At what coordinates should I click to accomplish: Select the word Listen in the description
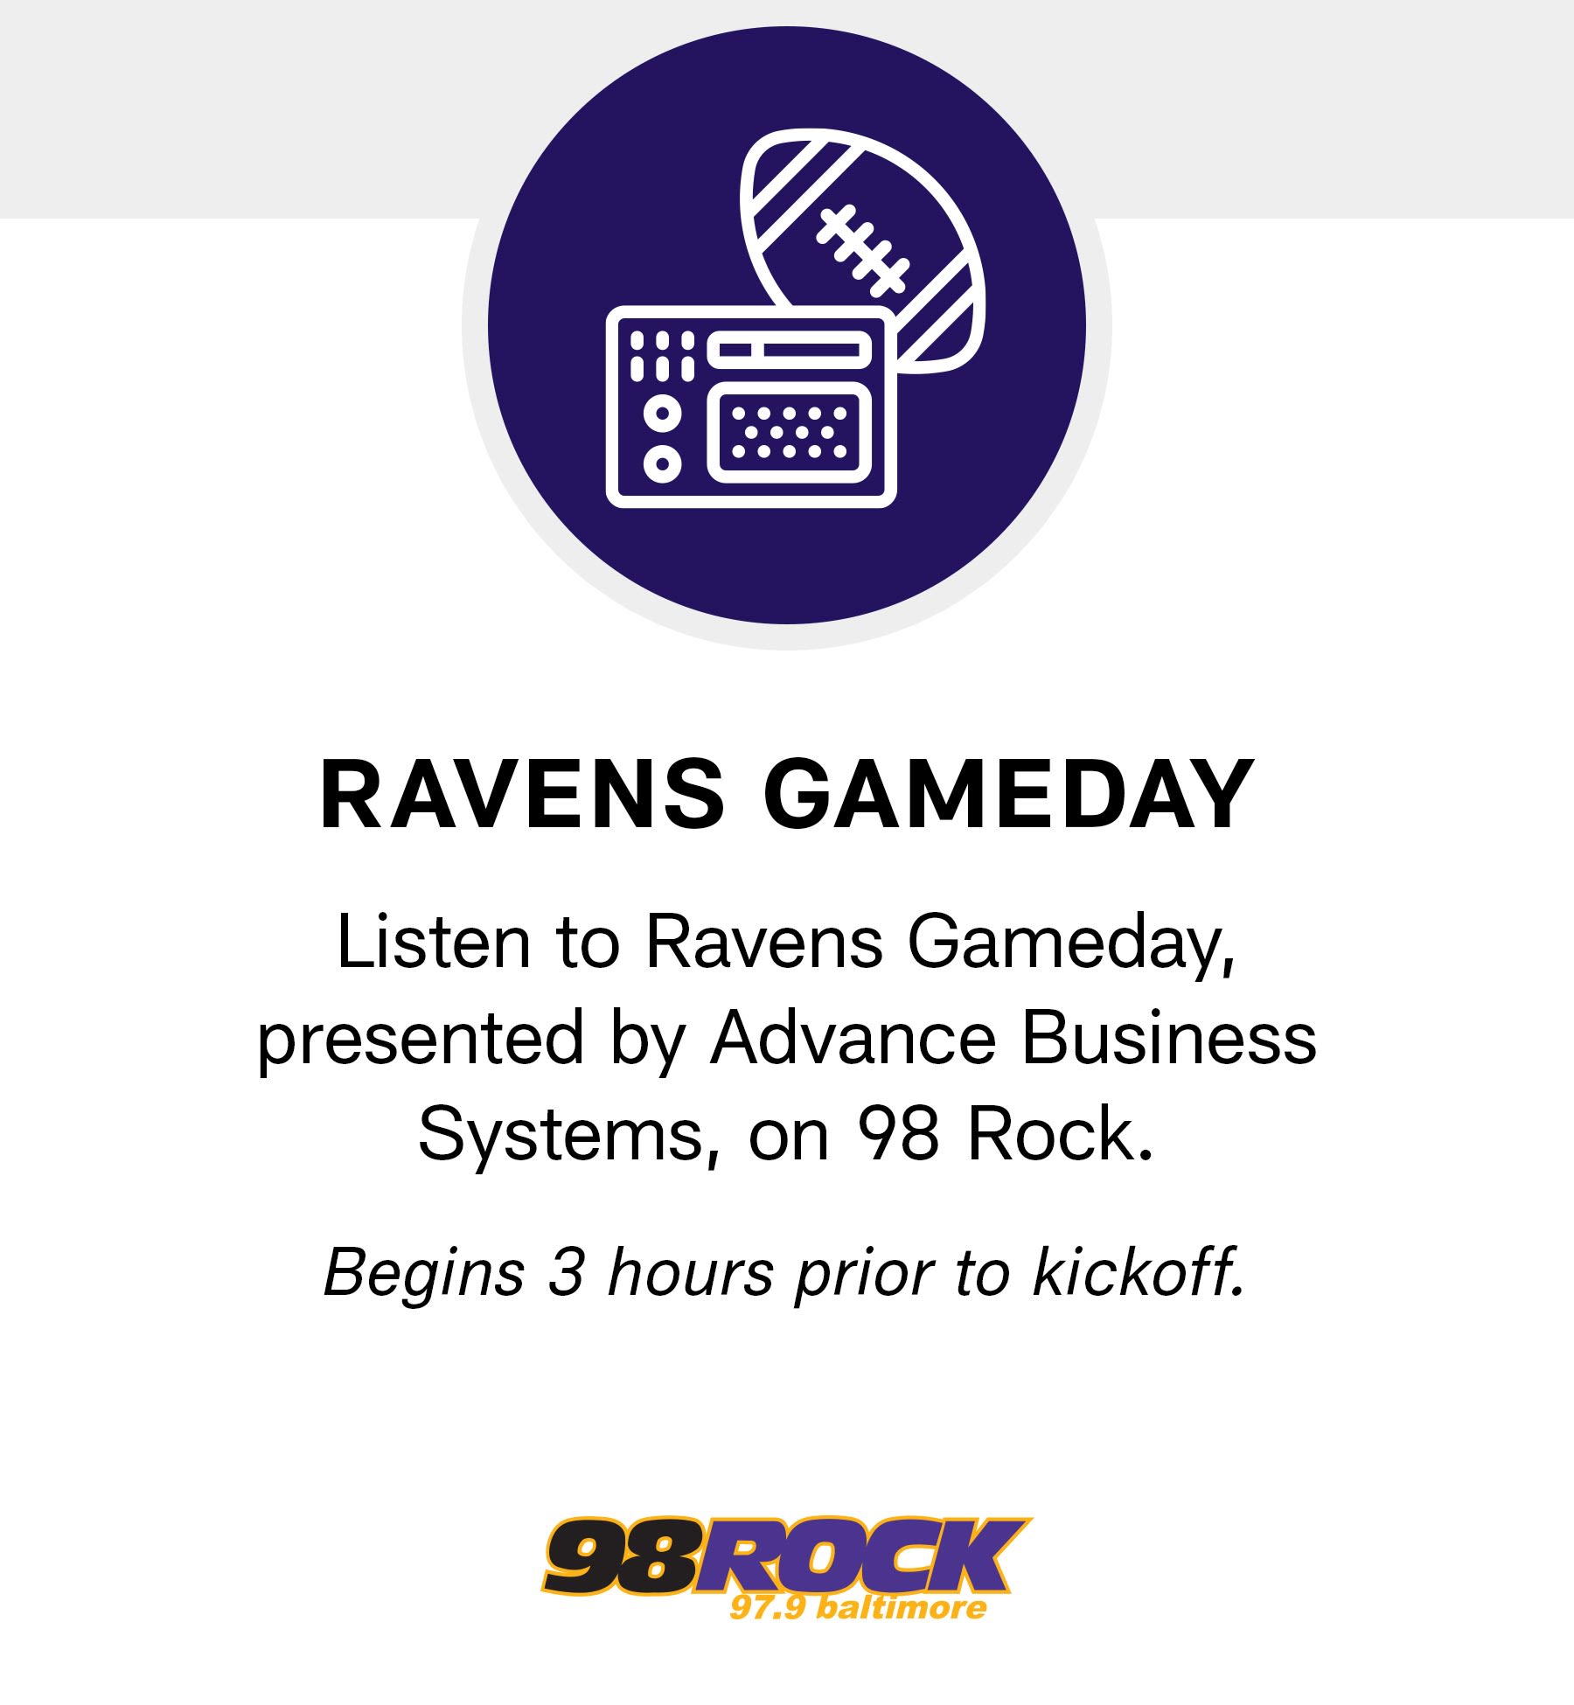pyautogui.click(x=434, y=943)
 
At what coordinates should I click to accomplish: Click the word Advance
pyautogui.click(x=853, y=1038)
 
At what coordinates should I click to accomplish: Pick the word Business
pyautogui.click(x=1169, y=1038)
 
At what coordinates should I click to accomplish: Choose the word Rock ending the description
pyautogui.click(x=1059, y=1134)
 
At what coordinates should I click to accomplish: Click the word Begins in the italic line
pyautogui.click(x=424, y=1273)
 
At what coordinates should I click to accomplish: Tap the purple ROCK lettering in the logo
pyautogui.click(x=861, y=1555)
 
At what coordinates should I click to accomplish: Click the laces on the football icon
pyautogui.click(x=862, y=250)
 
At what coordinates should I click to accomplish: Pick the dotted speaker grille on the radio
pyautogui.click(x=790, y=432)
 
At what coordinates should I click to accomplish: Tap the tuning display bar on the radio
pyautogui.click(x=790, y=351)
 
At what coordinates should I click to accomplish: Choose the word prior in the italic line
pyautogui.click(x=864, y=1273)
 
